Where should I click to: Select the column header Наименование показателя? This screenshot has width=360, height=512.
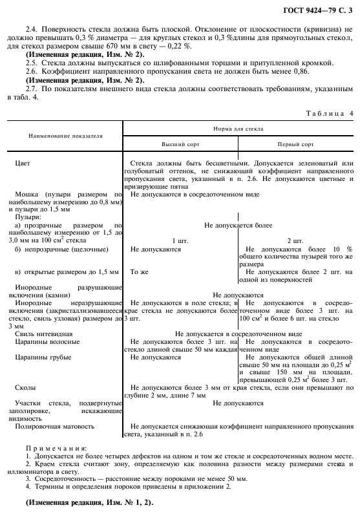coord(65,136)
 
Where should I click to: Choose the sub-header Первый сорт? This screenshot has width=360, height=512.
coord(295,145)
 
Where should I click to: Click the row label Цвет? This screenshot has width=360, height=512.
coord(23,164)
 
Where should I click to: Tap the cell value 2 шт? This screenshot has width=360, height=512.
coord(295,240)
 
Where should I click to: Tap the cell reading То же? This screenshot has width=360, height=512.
coord(140,272)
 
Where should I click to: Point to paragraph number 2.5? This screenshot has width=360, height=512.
coord(31,63)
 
